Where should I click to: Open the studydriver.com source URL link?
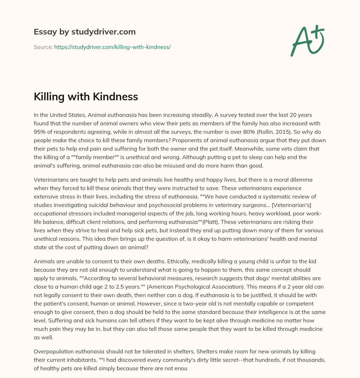click(x=112, y=47)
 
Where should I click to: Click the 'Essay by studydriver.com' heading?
click(x=84, y=32)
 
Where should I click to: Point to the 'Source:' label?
click(x=43, y=47)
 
